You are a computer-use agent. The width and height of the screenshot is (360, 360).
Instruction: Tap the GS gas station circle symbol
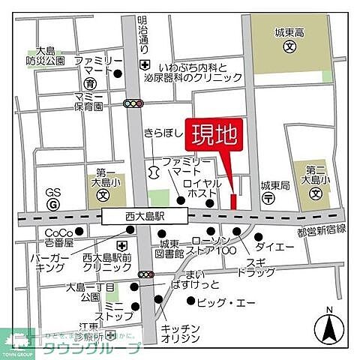pyautogui.click(x=52, y=203)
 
